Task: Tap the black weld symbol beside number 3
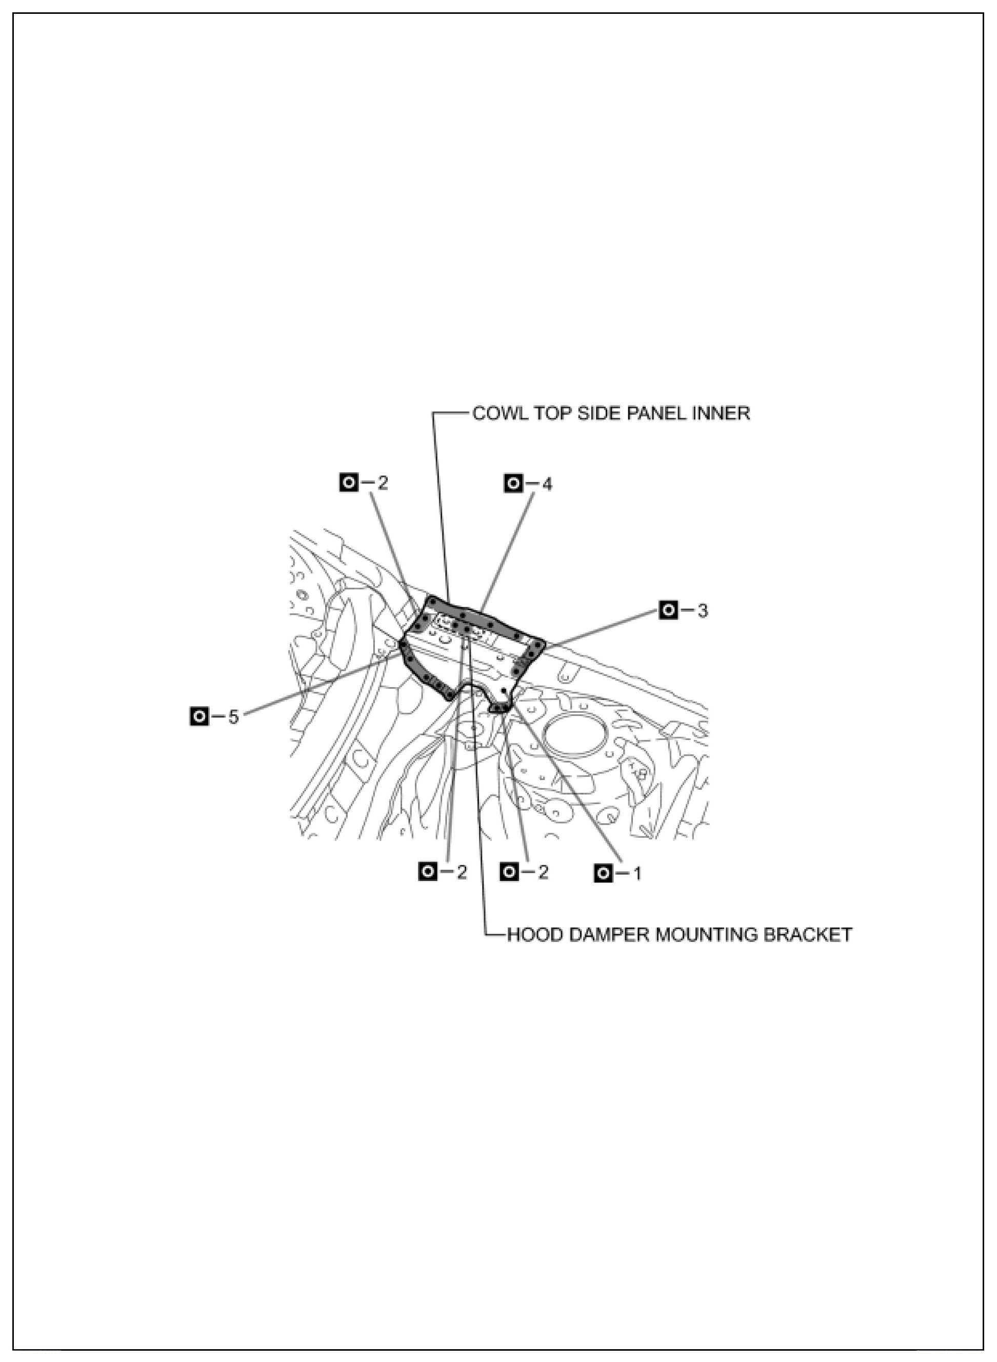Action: click(668, 610)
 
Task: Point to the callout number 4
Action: click(547, 484)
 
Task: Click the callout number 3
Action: click(703, 611)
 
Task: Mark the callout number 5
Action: click(233, 717)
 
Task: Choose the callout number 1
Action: click(636, 873)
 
